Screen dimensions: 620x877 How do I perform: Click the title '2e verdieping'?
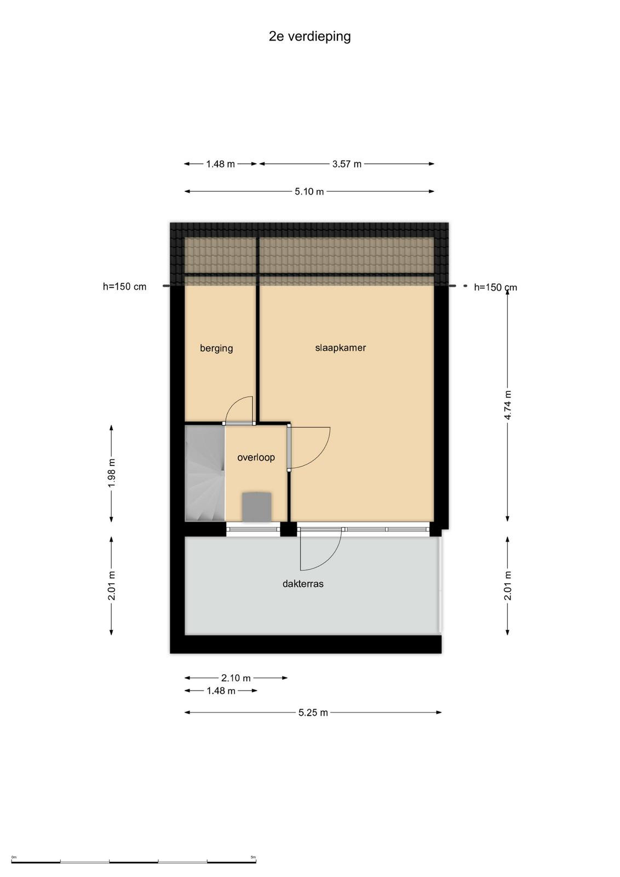[309, 36]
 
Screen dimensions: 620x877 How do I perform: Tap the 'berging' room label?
[216, 348]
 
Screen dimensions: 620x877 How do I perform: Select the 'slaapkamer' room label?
[340, 348]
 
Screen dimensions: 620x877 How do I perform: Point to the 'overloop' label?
[256, 457]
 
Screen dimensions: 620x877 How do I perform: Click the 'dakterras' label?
[303, 584]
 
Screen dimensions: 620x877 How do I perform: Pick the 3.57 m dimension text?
[347, 164]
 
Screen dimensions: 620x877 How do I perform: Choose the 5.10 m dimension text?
[309, 192]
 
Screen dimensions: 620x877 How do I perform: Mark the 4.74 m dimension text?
[508, 405]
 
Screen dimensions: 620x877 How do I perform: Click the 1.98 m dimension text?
[112, 473]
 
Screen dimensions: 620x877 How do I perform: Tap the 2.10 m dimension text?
[236, 678]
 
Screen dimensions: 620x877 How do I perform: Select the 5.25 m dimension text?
[313, 713]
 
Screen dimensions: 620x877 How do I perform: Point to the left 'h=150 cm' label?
[124, 287]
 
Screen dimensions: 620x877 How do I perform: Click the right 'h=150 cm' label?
[495, 287]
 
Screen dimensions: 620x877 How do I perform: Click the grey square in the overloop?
[257, 507]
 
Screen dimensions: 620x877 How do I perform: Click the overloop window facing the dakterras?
[254, 529]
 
